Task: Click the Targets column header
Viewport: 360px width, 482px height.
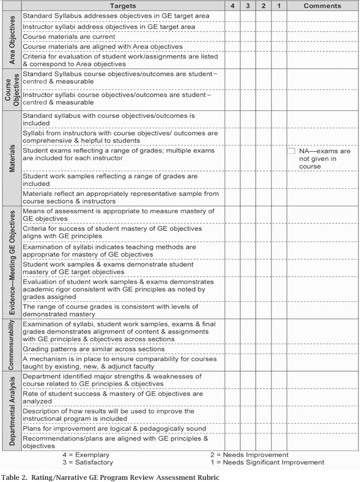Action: [123, 5]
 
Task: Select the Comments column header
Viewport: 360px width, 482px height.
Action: [322, 5]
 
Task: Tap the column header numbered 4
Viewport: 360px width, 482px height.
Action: [233, 5]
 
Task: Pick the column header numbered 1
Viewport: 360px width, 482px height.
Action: [279, 5]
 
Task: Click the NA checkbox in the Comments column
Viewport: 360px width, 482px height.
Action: [291, 151]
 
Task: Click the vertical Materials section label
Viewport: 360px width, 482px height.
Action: [11, 158]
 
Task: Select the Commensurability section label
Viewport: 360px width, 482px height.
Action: [11, 345]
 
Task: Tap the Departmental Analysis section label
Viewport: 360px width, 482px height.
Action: [11, 410]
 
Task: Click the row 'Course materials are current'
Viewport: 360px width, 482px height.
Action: [69, 37]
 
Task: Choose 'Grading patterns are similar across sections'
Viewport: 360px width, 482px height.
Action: [93, 349]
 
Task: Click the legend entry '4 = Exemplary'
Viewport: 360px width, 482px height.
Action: [86, 455]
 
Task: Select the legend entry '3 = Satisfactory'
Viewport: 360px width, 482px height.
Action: [87, 462]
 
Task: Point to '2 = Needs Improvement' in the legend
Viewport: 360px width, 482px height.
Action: [249, 455]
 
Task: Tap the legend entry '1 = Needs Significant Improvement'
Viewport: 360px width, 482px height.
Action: [267, 462]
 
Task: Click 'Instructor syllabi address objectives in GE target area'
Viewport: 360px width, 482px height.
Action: [109, 26]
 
